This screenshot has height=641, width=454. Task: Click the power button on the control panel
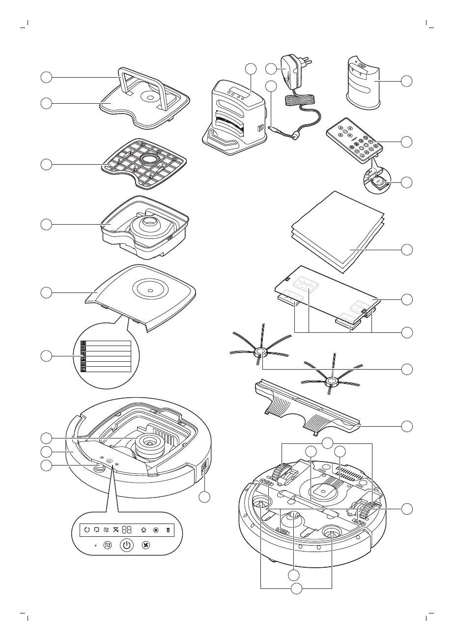point(127,545)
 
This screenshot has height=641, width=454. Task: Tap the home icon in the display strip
point(143,530)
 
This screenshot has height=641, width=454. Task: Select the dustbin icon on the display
point(168,530)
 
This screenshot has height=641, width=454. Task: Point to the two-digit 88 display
point(127,530)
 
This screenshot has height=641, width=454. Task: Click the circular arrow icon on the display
point(87,530)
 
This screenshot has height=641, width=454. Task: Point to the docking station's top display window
point(235,91)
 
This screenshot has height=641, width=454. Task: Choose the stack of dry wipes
point(338,231)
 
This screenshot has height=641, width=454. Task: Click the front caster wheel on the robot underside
point(294,516)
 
